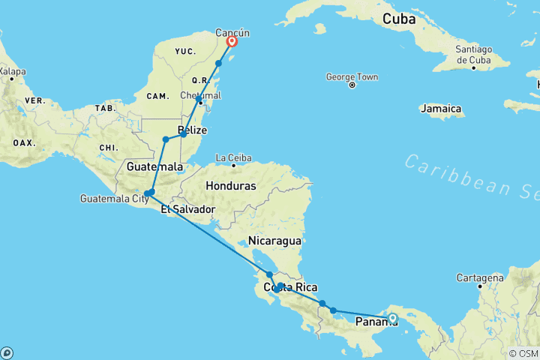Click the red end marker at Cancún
coord(232,42)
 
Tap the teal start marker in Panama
coord(392,318)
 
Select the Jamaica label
coord(441,109)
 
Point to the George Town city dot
coord(352,85)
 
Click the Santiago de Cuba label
coord(472,55)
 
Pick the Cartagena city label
coord(480,277)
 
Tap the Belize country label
coord(193,130)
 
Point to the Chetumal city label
coord(201,95)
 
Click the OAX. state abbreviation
coord(23,142)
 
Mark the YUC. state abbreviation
coord(185,52)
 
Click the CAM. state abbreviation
coord(157,95)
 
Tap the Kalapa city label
coord(11,72)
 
